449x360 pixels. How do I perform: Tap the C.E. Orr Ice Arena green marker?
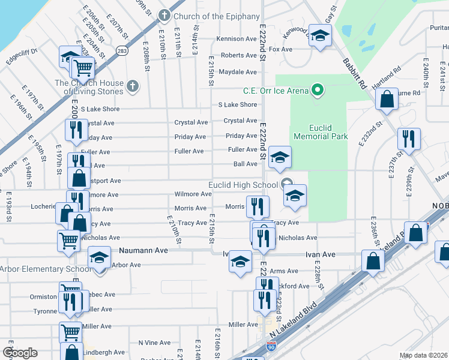[318, 91]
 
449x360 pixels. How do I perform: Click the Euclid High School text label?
[243, 185]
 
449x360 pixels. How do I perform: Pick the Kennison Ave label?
[237, 39]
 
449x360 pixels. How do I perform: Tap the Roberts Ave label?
[239, 55]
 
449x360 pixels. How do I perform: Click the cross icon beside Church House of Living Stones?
[133, 88]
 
